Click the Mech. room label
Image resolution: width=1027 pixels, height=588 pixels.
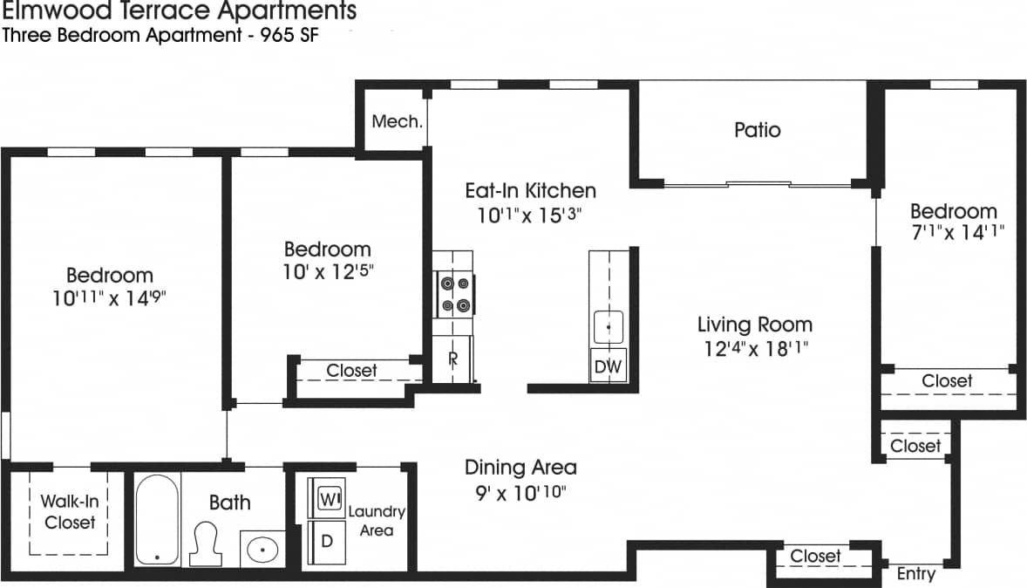(x=398, y=121)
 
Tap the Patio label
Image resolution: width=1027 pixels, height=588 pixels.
(x=757, y=130)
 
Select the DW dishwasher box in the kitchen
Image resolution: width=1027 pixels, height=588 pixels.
(x=608, y=366)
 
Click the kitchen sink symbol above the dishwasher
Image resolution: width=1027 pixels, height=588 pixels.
(x=609, y=327)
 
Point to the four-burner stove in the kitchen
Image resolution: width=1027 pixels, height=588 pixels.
(x=453, y=294)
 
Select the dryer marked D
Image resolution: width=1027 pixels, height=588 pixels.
(x=328, y=541)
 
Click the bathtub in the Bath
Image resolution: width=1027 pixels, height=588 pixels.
(x=157, y=519)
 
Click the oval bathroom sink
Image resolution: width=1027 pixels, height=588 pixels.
(x=262, y=550)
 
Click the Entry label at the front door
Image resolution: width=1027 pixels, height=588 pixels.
(x=915, y=573)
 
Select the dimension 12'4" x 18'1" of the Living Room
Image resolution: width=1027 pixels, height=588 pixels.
(x=755, y=349)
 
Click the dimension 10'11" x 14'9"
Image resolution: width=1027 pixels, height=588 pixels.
(x=109, y=297)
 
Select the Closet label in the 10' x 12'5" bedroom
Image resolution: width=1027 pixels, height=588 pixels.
(x=351, y=371)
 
